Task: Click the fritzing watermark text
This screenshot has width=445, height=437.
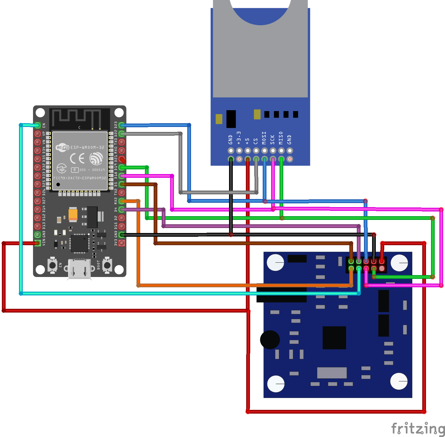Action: [418, 429]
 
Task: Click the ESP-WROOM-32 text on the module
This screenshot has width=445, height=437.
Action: [87, 147]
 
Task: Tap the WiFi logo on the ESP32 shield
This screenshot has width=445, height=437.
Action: [62, 147]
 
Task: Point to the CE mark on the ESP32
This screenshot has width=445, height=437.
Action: [77, 158]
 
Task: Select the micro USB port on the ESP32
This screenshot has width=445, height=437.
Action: [79, 269]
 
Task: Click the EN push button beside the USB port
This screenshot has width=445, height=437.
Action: [52, 265]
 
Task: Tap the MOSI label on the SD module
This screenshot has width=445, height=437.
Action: [264, 138]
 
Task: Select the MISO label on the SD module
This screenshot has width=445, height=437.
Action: [281, 138]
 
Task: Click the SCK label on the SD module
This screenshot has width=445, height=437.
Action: [273, 139]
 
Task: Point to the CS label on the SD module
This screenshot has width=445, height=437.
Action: [256, 141]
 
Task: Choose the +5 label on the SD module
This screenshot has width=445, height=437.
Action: [247, 141]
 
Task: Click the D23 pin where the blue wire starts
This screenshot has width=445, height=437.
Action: [122, 125]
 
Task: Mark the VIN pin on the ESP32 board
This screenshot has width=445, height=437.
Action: [37, 243]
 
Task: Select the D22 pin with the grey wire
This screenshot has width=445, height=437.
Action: [122, 134]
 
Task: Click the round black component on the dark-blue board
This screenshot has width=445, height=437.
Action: [270, 340]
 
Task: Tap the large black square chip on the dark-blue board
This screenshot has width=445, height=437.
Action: [334, 337]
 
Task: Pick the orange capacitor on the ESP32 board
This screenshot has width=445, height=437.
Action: [73, 214]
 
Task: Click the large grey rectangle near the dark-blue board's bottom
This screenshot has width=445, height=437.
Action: [332, 372]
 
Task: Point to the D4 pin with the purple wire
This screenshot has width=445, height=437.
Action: [122, 209]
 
